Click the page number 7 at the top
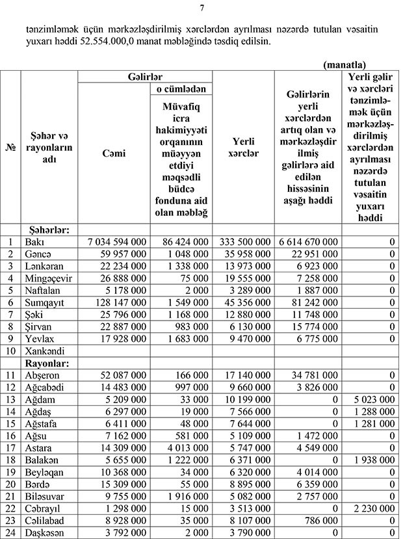201,8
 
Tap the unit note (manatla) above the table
344,65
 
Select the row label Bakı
34,241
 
